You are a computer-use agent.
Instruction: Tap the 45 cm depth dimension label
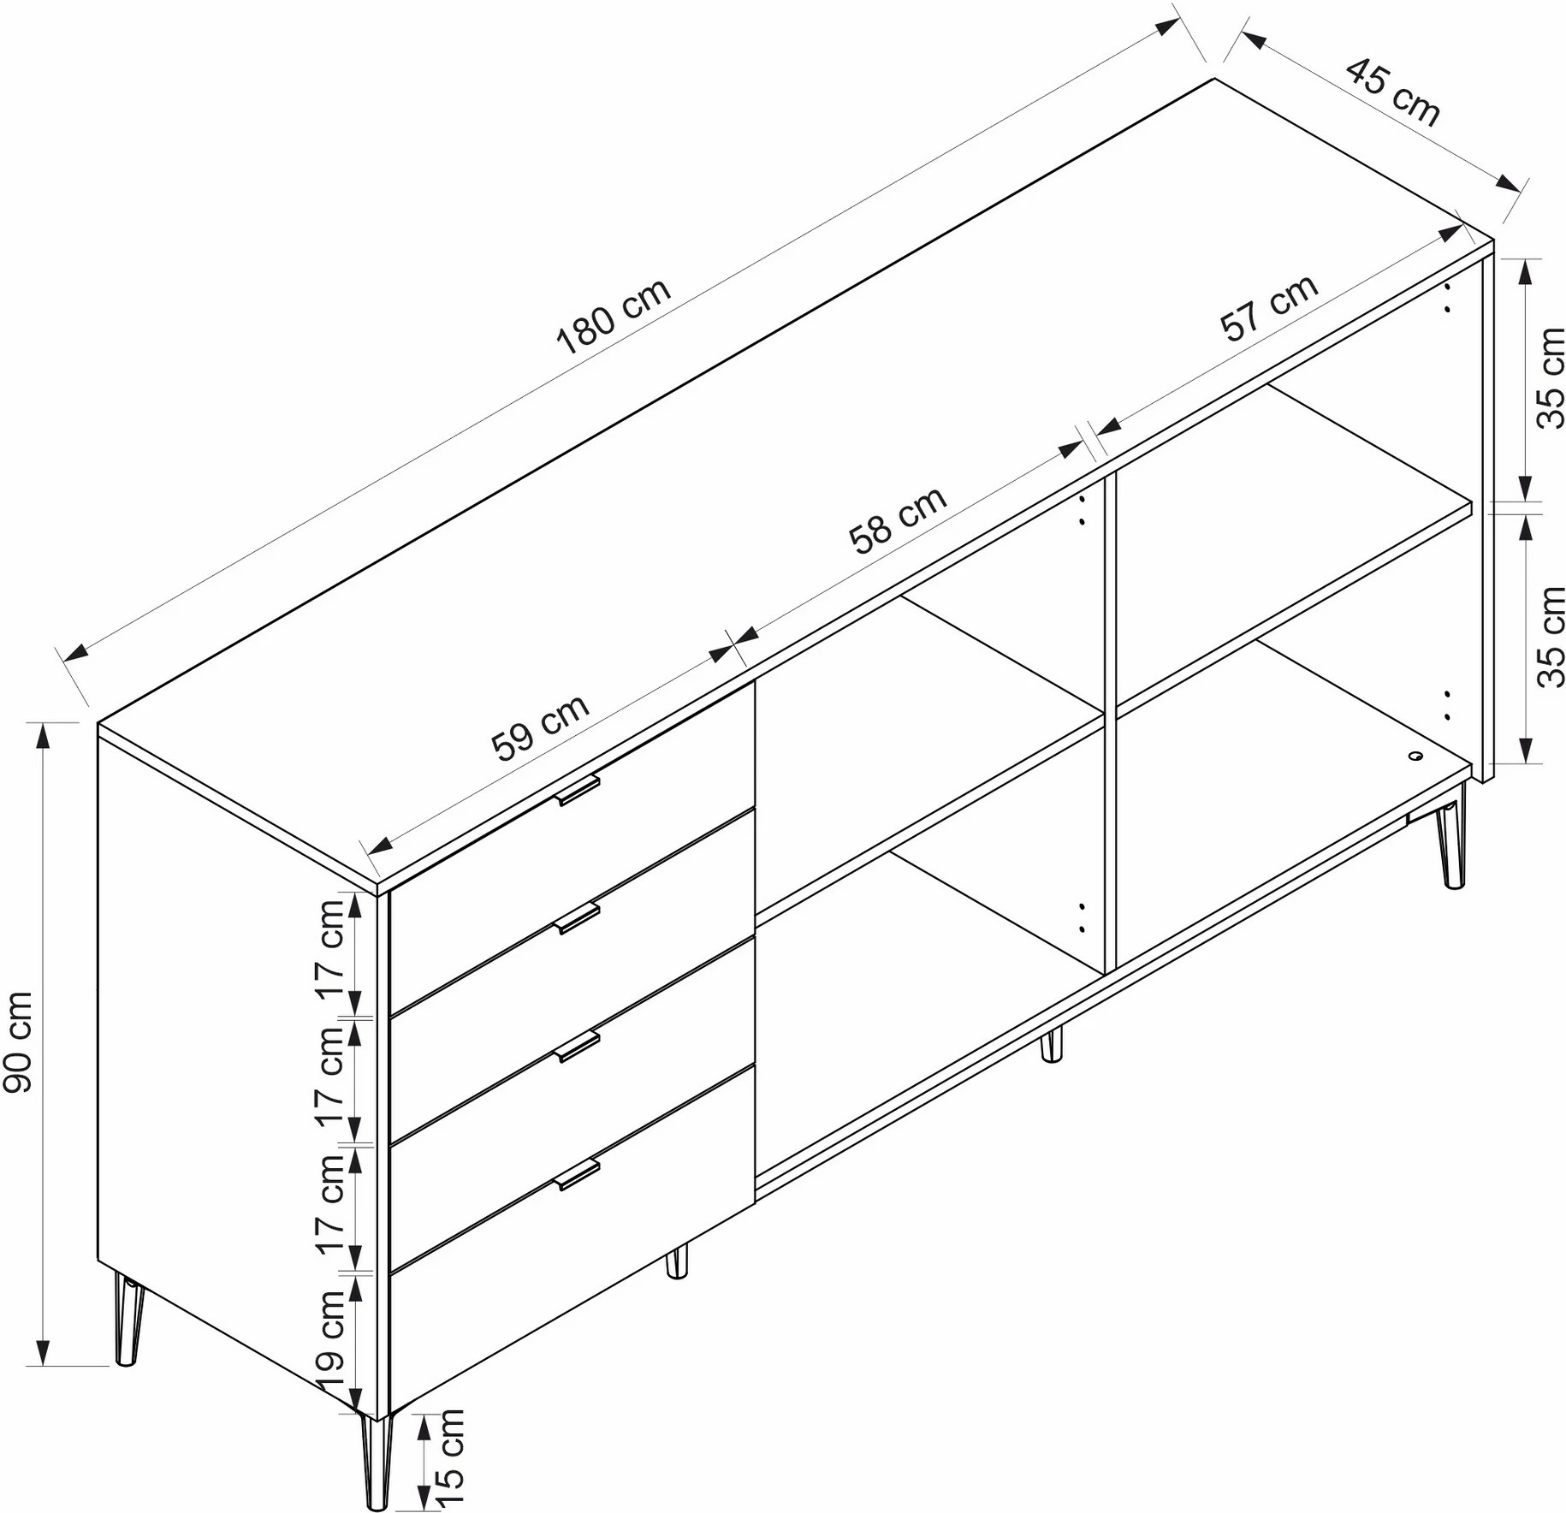pyautogui.click(x=1393, y=92)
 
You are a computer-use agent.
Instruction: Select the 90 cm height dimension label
pyautogui.click(x=19, y=1041)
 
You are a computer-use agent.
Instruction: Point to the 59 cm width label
pyautogui.click(x=541, y=727)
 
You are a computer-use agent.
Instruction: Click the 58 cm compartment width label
pyautogui.click(x=898, y=519)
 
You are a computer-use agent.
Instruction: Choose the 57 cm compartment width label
pyautogui.click(x=1269, y=308)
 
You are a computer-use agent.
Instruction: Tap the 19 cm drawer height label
pyautogui.click(x=330, y=1341)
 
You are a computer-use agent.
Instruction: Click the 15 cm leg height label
pyautogui.click(x=448, y=1457)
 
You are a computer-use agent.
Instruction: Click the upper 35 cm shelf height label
pyautogui.click(x=1551, y=378)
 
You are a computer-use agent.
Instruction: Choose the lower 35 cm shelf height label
pyautogui.click(x=1551, y=638)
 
